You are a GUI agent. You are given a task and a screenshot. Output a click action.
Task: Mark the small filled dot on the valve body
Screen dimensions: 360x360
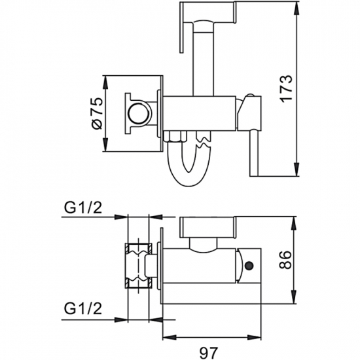coord(249,266)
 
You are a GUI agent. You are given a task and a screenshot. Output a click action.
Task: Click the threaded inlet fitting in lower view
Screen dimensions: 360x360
coord(135,263)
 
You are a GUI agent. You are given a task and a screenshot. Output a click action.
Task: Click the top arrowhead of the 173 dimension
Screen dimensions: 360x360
coord(298,9)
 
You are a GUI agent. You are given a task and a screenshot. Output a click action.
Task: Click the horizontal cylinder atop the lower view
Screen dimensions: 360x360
coord(208,227)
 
